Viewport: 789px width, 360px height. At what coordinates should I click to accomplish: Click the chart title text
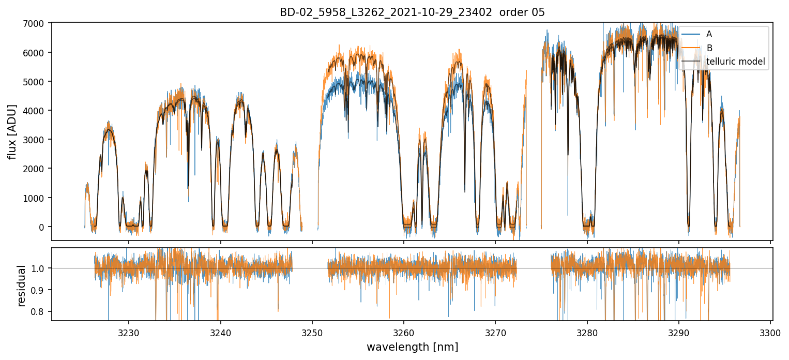(412, 12)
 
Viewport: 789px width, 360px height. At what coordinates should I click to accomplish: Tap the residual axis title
(22, 286)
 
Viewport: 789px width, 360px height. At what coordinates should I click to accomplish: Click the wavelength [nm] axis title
(412, 347)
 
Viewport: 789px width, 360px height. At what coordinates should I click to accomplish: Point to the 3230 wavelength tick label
(129, 333)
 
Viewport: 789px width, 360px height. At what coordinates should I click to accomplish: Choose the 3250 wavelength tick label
(312, 333)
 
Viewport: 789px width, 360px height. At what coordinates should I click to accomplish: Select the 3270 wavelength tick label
(495, 333)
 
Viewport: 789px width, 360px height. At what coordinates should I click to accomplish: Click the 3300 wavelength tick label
(770, 333)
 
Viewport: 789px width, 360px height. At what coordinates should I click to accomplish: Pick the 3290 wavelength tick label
(679, 333)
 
